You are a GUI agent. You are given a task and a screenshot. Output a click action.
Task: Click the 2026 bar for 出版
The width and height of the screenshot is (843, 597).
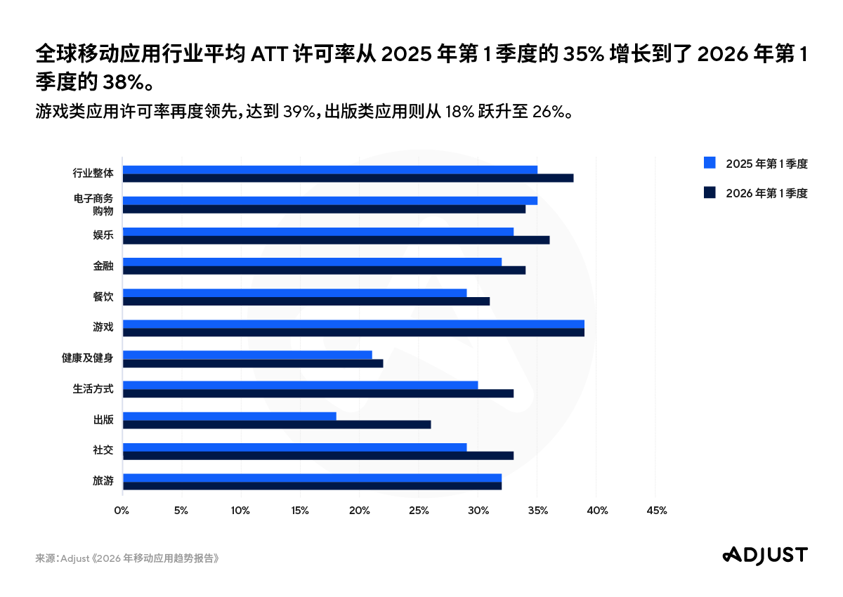[x=277, y=424]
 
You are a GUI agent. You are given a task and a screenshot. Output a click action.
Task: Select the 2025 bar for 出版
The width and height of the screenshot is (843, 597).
[x=230, y=416]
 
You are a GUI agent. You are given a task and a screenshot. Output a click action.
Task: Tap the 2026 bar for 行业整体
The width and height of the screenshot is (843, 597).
[x=348, y=178]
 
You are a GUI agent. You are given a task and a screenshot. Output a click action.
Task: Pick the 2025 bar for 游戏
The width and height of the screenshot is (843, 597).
[x=353, y=324]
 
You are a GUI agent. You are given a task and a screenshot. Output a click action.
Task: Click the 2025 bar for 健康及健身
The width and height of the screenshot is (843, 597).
[x=247, y=355]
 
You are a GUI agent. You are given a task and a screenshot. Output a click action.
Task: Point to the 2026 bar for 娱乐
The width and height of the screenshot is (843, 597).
[x=336, y=240]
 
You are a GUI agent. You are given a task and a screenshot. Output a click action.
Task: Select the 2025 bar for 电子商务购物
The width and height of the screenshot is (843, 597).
[x=330, y=200]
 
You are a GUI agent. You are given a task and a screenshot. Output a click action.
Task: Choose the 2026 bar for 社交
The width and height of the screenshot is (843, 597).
[x=318, y=455]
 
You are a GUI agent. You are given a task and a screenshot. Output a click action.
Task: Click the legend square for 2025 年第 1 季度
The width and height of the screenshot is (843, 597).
[x=710, y=164]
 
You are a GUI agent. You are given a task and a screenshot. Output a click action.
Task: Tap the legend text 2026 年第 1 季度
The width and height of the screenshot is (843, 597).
[x=767, y=193]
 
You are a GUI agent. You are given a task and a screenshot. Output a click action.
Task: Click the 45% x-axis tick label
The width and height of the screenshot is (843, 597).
[x=655, y=511]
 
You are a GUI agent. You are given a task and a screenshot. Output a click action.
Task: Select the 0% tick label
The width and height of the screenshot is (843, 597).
[x=122, y=511]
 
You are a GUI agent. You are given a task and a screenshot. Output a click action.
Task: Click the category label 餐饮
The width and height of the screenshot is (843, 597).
[x=103, y=297]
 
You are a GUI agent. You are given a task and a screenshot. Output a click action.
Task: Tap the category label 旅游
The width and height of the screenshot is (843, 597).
[x=103, y=481]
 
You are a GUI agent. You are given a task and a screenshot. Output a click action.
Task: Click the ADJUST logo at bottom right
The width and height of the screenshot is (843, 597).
[x=765, y=554]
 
